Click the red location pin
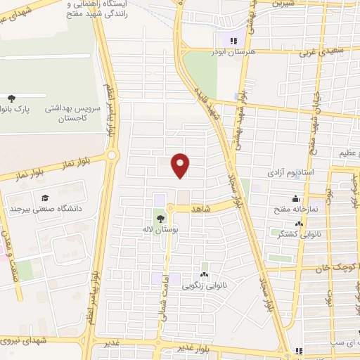click(x=181, y=165)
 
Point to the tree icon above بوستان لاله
click(x=162, y=219)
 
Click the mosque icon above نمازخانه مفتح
click(x=295, y=198)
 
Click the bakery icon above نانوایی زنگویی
click(x=204, y=274)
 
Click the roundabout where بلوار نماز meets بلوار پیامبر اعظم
click(x=110, y=155)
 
